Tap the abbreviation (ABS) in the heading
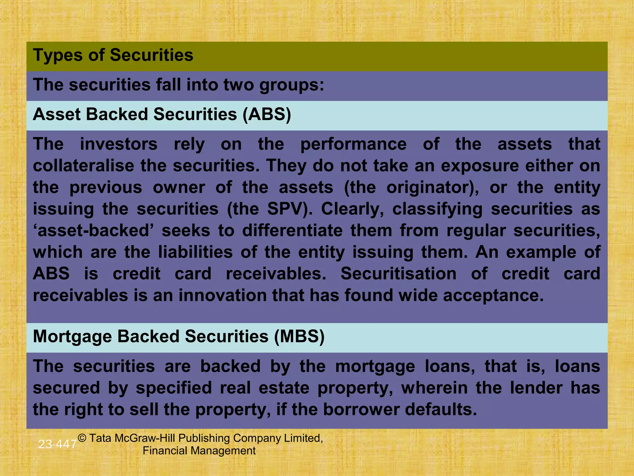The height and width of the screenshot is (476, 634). click(x=267, y=114)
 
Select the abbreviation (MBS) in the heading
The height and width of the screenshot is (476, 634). click(x=299, y=337)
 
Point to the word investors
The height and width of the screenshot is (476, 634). click(x=119, y=144)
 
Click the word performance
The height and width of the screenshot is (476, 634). click(x=353, y=144)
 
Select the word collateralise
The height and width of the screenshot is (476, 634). click(x=83, y=166)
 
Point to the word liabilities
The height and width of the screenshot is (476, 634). click(x=195, y=252)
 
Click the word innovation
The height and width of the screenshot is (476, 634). click(x=222, y=295)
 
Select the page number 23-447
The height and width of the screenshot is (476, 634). click(x=57, y=444)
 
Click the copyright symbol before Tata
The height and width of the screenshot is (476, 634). click(x=82, y=438)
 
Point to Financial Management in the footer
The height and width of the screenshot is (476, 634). click(x=199, y=451)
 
